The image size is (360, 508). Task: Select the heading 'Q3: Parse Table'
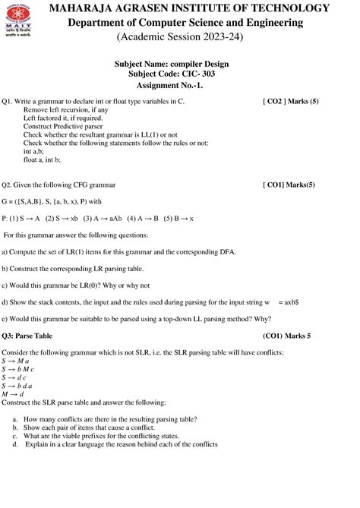tap(28, 335)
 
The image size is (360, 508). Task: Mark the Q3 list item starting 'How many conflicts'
tap(99, 418)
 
